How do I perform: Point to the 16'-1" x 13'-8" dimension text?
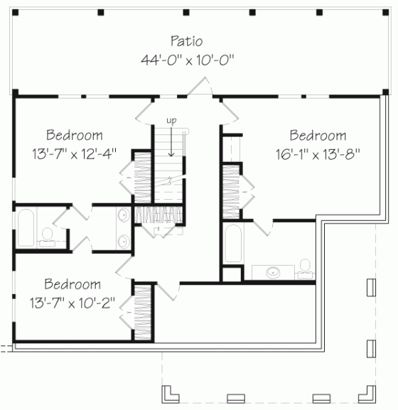pos(318,153)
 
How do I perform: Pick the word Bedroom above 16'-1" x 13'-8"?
pos(318,135)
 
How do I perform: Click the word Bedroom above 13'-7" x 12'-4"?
pos(74,134)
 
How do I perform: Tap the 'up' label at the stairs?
pos(171,121)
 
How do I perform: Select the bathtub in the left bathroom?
pos(26,229)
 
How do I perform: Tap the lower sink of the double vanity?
pos(122,240)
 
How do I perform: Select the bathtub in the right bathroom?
pos(232,244)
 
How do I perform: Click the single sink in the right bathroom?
pos(273,271)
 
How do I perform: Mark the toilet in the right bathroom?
pos(306,266)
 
